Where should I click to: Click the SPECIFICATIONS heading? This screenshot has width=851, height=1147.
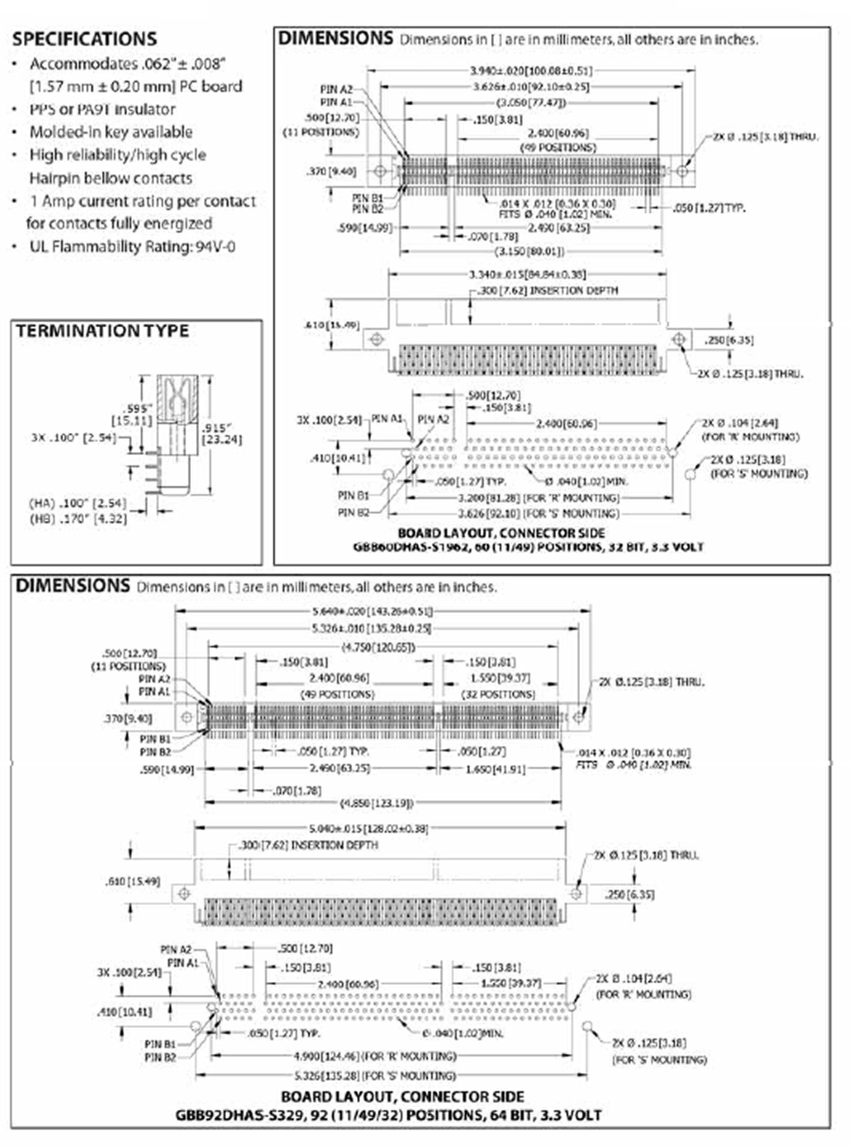(85, 39)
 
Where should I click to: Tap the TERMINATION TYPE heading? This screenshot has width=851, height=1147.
(102, 331)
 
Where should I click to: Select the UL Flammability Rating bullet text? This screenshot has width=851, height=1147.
(132, 247)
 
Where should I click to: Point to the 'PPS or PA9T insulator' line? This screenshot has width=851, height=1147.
(102, 109)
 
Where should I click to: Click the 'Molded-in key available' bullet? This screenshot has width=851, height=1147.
(111, 132)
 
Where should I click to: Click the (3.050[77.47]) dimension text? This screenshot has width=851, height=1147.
(531, 103)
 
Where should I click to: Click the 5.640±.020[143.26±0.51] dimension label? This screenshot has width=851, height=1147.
(372, 611)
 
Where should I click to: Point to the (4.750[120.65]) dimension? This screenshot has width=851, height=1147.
(378, 647)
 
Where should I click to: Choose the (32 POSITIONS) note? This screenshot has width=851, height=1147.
(498, 694)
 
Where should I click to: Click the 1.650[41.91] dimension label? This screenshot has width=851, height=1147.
(495, 769)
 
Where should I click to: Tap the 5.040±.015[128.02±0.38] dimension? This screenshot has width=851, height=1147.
(368, 828)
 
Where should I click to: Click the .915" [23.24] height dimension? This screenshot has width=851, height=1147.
(222, 433)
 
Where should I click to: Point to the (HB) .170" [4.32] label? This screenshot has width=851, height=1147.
(78, 518)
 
